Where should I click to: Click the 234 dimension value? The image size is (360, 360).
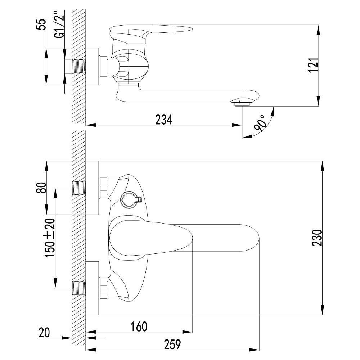click(x=164, y=120)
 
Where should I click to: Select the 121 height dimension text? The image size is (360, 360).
click(x=313, y=64)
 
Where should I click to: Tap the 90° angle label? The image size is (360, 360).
click(x=261, y=124)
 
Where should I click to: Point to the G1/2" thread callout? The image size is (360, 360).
click(x=59, y=26)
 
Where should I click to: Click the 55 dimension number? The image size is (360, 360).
click(x=41, y=24)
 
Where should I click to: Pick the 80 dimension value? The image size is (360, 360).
click(x=41, y=188)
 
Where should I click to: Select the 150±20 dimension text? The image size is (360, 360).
click(x=50, y=238)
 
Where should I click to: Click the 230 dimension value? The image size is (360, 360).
click(x=317, y=238)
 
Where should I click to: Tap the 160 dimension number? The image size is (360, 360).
click(x=139, y=326)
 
